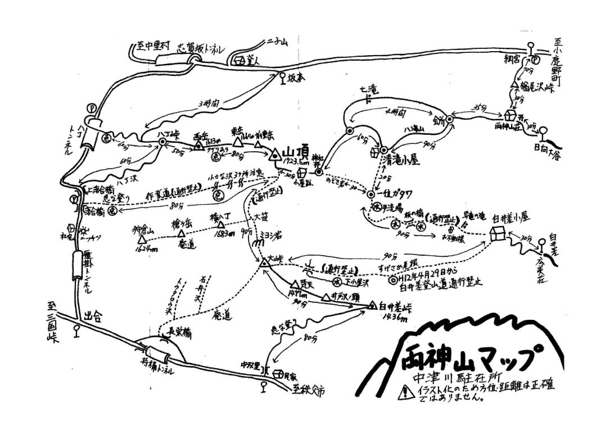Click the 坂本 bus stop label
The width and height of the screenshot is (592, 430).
pos(296,78)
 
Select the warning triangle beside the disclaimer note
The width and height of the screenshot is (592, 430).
pos(403,393)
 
